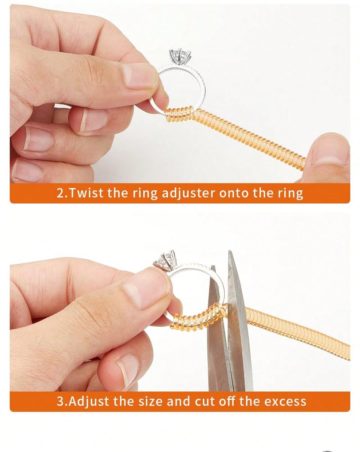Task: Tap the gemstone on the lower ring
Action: pyautogui.click(x=165, y=259)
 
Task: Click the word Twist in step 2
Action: pyautogui.click(x=87, y=193)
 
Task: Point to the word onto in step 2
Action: pyautogui.click(x=234, y=193)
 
